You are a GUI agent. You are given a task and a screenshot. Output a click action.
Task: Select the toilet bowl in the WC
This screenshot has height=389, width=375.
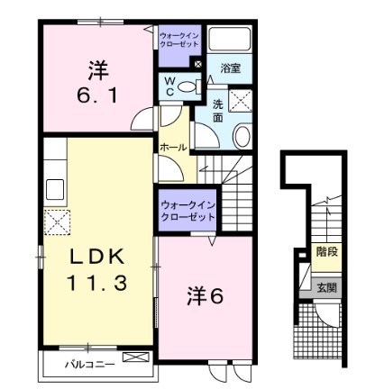188,86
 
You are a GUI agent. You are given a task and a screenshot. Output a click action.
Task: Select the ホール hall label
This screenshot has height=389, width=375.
173,147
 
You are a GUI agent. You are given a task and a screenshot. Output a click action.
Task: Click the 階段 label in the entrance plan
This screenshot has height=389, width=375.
326,252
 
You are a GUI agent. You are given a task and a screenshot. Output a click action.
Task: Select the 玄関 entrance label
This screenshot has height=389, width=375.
326,288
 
